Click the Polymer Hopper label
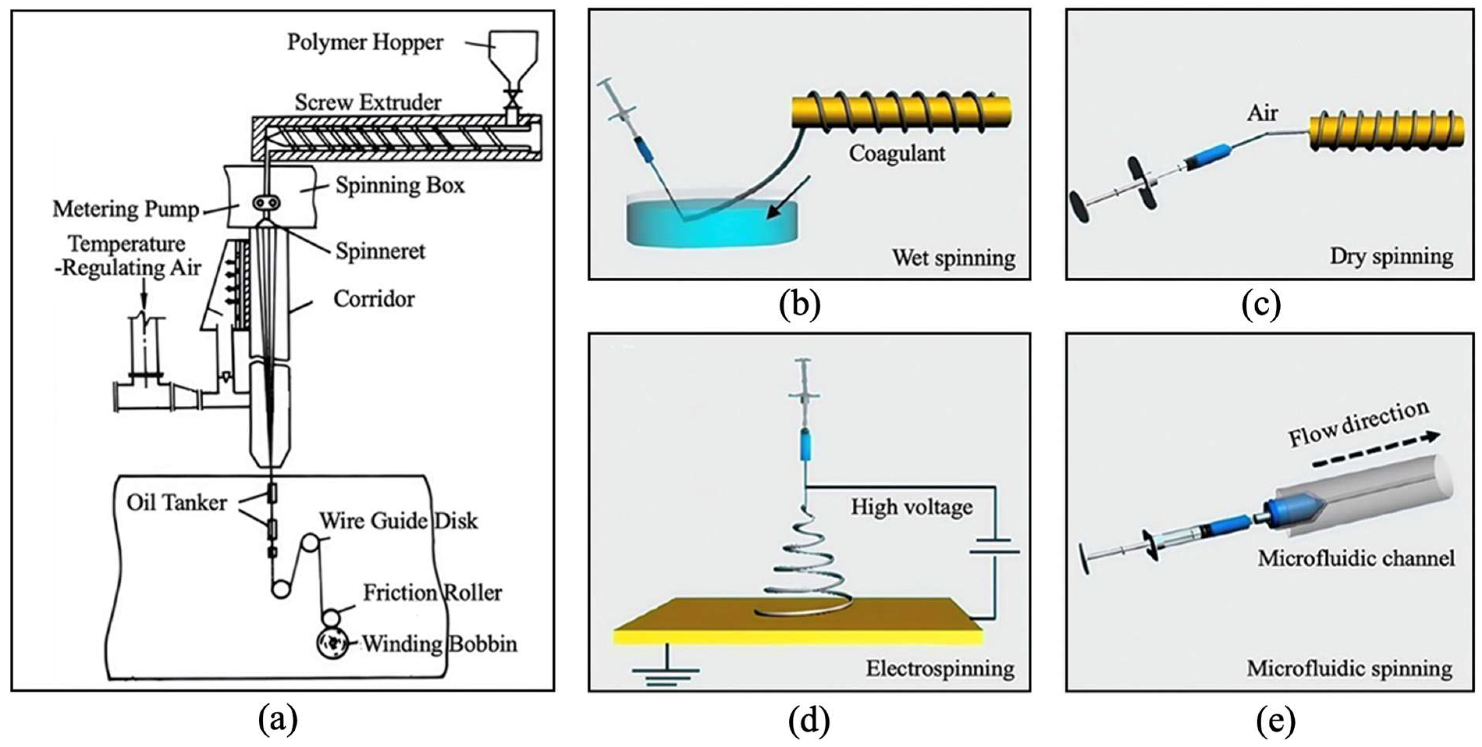(x=365, y=43)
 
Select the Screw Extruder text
(x=368, y=102)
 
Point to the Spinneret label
(x=380, y=251)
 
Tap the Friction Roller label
(x=432, y=593)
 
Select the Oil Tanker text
(x=177, y=503)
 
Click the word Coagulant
(x=897, y=154)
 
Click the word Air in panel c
(x=1262, y=113)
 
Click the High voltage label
(x=912, y=507)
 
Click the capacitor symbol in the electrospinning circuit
(x=994, y=546)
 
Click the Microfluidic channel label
(x=1356, y=558)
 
